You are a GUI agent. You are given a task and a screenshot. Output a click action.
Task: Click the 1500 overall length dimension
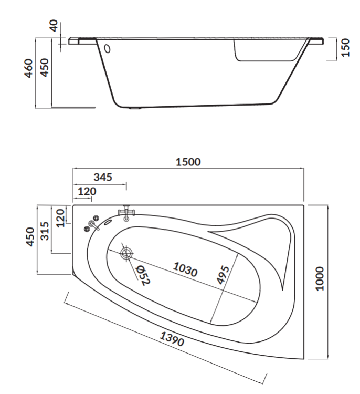tap(188, 162)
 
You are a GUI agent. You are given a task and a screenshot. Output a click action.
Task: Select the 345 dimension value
tap(103, 177)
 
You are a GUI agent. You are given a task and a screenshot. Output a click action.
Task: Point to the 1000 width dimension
tap(320, 279)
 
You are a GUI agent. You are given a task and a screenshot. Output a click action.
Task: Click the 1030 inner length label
tap(185, 269)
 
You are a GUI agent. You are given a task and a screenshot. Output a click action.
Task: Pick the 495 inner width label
tap(223, 275)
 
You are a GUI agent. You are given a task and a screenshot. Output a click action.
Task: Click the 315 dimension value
tap(45, 231)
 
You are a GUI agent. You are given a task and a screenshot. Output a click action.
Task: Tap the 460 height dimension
tap(29, 68)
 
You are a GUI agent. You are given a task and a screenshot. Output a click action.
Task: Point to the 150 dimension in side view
tap(346, 47)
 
